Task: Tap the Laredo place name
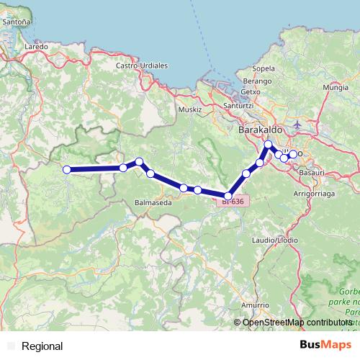pyautogui.click(x=35, y=46)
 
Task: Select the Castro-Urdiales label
pyautogui.click(x=142, y=66)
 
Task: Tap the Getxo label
pyautogui.click(x=250, y=91)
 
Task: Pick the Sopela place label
pyautogui.click(x=264, y=68)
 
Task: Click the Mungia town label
pyautogui.click(x=336, y=87)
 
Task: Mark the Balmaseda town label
pyautogui.click(x=153, y=204)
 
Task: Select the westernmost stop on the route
pyautogui.click(x=67, y=170)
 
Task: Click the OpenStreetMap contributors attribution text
pyautogui.click(x=297, y=323)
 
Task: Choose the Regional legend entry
pyautogui.click(x=42, y=346)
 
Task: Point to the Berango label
pyautogui.click(x=257, y=81)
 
